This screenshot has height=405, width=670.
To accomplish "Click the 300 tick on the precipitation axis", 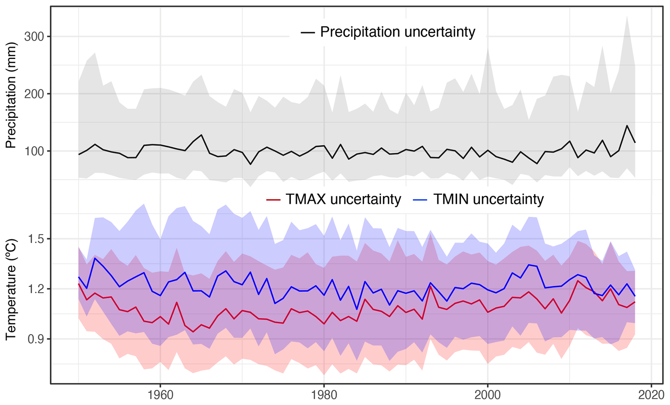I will [34, 37].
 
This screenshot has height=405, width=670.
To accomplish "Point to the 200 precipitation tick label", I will [34, 94].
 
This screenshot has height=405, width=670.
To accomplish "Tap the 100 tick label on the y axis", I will [34, 151].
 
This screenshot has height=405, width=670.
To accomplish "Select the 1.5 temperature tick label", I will [36, 239].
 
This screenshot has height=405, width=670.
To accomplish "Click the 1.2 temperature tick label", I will [36, 289].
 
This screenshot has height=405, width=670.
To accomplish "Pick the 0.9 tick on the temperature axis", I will [36, 339].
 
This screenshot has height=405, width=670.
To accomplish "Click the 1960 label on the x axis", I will [160, 396].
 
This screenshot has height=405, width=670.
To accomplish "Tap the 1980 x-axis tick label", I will [324, 396].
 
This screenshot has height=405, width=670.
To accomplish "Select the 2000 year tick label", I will [488, 396].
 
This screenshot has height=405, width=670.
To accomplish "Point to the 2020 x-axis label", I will [651, 396].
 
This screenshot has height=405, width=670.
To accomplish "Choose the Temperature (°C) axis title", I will [11, 289].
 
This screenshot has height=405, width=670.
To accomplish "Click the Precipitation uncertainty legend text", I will [397, 32].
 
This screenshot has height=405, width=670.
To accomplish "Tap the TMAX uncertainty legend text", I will [343, 199].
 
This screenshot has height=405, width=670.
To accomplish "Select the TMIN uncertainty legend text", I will [488, 199].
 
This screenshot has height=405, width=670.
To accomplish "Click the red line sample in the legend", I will [273, 200].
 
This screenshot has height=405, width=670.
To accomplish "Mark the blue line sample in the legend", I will [420, 200].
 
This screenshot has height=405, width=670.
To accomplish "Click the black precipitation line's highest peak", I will [627, 125].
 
